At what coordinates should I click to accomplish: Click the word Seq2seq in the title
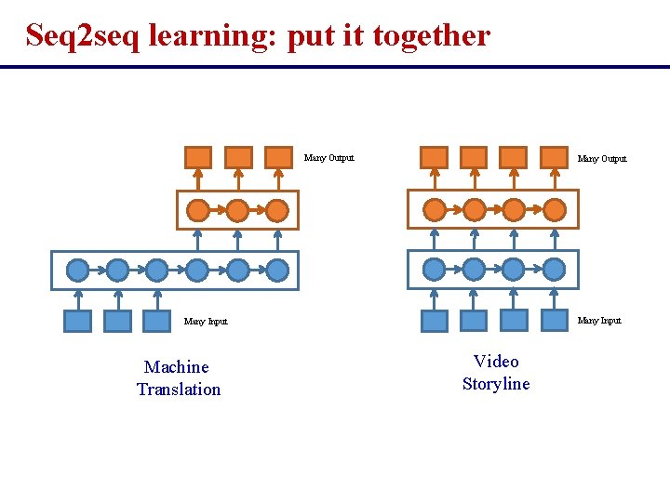pyautogui.click(x=83, y=36)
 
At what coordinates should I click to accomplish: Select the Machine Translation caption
pyautogui.click(x=179, y=378)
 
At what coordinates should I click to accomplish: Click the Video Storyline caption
pyautogui.click(x=496, y=373)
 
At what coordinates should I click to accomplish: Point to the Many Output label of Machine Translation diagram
pyautogui.click(x=328, y=158)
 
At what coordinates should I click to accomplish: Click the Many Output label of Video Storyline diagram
pyautogui.click(x=602, y=159)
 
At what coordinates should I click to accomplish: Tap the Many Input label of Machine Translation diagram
pyautogui.click(x=206, y=322)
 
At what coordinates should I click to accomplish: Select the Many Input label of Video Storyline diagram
pyautogui.click(x=599, y=321)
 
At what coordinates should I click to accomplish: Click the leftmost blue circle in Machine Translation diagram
pyautogui.click(x=78, y=271)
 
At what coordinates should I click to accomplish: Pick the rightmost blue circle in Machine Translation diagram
pyautogui.click(x=277, y=271)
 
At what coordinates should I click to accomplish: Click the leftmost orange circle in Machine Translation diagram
pyautogui.click(x=198, y=211)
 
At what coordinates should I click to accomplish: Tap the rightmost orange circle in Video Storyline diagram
pyautogui.click(x=554, y=210)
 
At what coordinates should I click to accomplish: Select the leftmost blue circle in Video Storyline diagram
pyautogui.click(x=435, y=270)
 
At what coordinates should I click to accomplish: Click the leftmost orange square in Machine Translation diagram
pyautogui.click(x=198, y=157)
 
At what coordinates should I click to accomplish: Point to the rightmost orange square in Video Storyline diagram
pyautogui.click(x=554, y=157)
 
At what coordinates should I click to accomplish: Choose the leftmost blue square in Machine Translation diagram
pyautogui.click(x=78, y=321)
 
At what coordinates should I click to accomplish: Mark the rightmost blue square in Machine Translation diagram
pyautogui.click(x=157, y=321)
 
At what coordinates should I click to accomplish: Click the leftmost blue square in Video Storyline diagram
pyautogui.click(x=435, y=321)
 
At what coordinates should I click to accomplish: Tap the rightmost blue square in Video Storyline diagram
pyautogui.click(x=553, y=320)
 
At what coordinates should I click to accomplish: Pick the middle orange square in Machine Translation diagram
pyautogui.click(x=238, y=157)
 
